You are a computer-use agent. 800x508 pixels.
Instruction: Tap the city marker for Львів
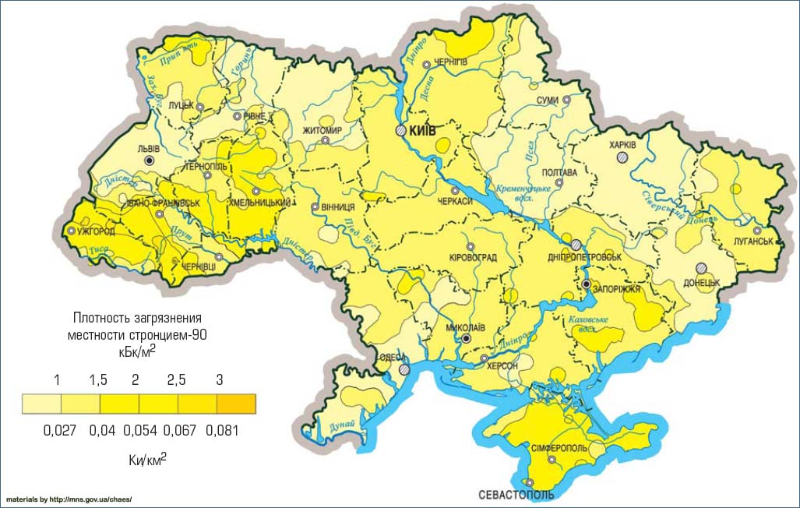click(x=150, y=159)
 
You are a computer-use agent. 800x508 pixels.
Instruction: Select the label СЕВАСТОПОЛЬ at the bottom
click(x=516, y=495)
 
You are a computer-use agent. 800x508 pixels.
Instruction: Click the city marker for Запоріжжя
click(x=586, y=285)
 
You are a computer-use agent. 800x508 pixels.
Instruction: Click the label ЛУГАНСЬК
click(x=753, y=242)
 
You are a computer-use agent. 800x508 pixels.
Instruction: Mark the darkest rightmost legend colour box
click(x=236, y=404)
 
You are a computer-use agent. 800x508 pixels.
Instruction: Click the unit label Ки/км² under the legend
click(x=148, y=460)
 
